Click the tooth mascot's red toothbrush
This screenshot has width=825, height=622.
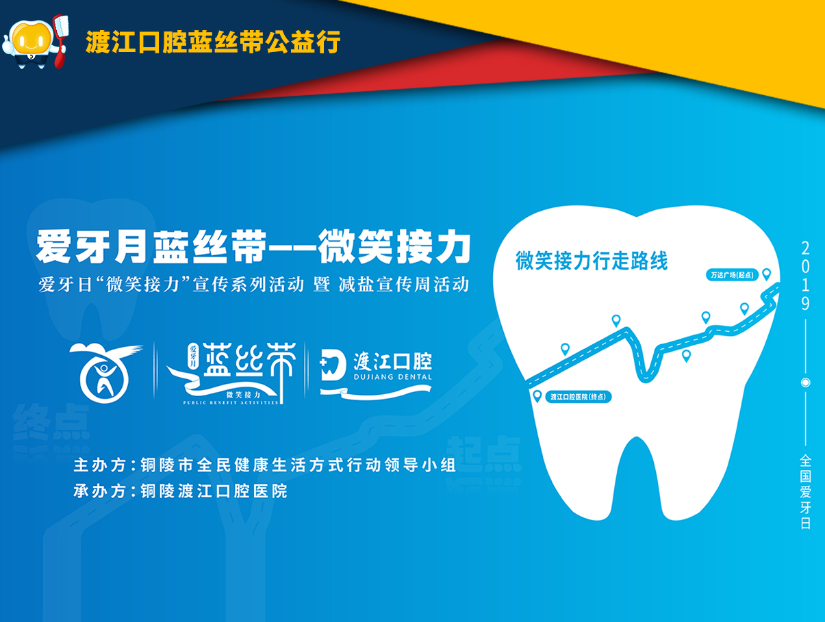[60, 40]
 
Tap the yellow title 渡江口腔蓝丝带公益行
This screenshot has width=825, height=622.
[213, 42]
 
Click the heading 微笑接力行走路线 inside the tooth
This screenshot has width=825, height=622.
[592, 261]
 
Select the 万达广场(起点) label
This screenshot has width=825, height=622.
[732, 275]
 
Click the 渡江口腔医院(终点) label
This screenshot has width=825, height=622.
[578, 397]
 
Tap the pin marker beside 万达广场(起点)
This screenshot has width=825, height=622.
[767, 274]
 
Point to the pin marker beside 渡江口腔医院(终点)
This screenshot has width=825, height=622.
[537, 396]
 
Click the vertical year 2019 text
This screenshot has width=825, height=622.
[805, 276]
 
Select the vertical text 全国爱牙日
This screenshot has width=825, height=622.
[805, 492]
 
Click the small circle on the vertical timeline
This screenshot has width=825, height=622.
[805, 383]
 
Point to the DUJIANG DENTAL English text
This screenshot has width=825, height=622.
[393, 377]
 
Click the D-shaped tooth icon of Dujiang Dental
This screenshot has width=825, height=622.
[333, 366]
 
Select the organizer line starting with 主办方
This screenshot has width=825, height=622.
[264, 465]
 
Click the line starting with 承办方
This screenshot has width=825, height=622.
[181, 491]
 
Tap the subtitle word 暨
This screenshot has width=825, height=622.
[322, 285]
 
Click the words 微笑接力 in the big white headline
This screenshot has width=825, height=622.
[394, 247]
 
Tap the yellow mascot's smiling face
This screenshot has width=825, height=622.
[31, 40]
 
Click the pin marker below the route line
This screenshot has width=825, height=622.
[686, 355]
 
